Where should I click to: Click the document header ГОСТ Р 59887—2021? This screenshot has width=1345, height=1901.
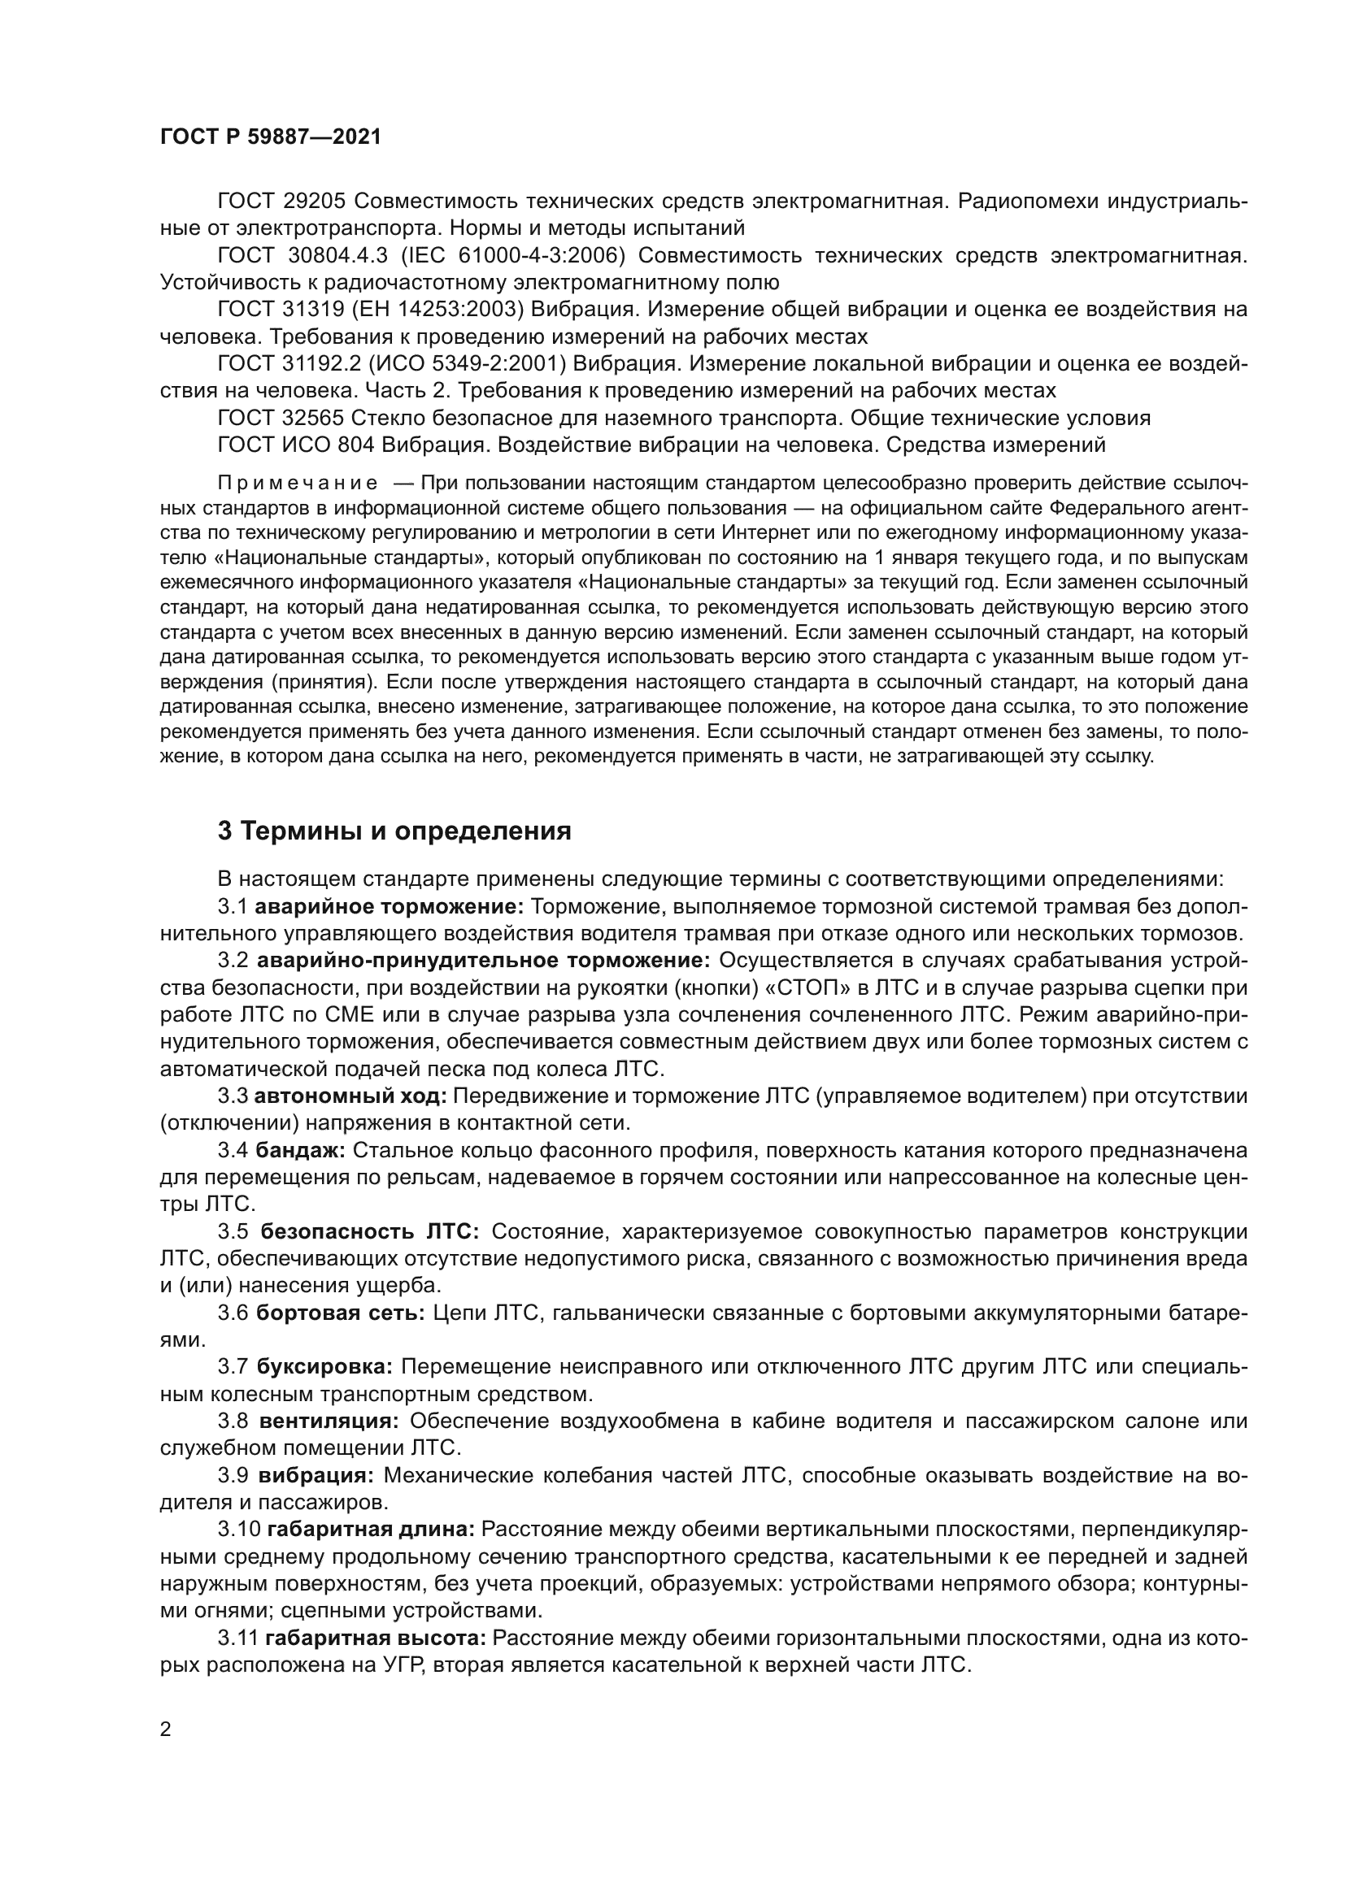tap(270, 137)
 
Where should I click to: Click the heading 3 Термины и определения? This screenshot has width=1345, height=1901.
tap(394, 831)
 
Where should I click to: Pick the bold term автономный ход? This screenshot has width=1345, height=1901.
tap(350, 1096)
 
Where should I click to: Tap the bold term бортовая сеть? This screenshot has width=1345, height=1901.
tap(341, 1313)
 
